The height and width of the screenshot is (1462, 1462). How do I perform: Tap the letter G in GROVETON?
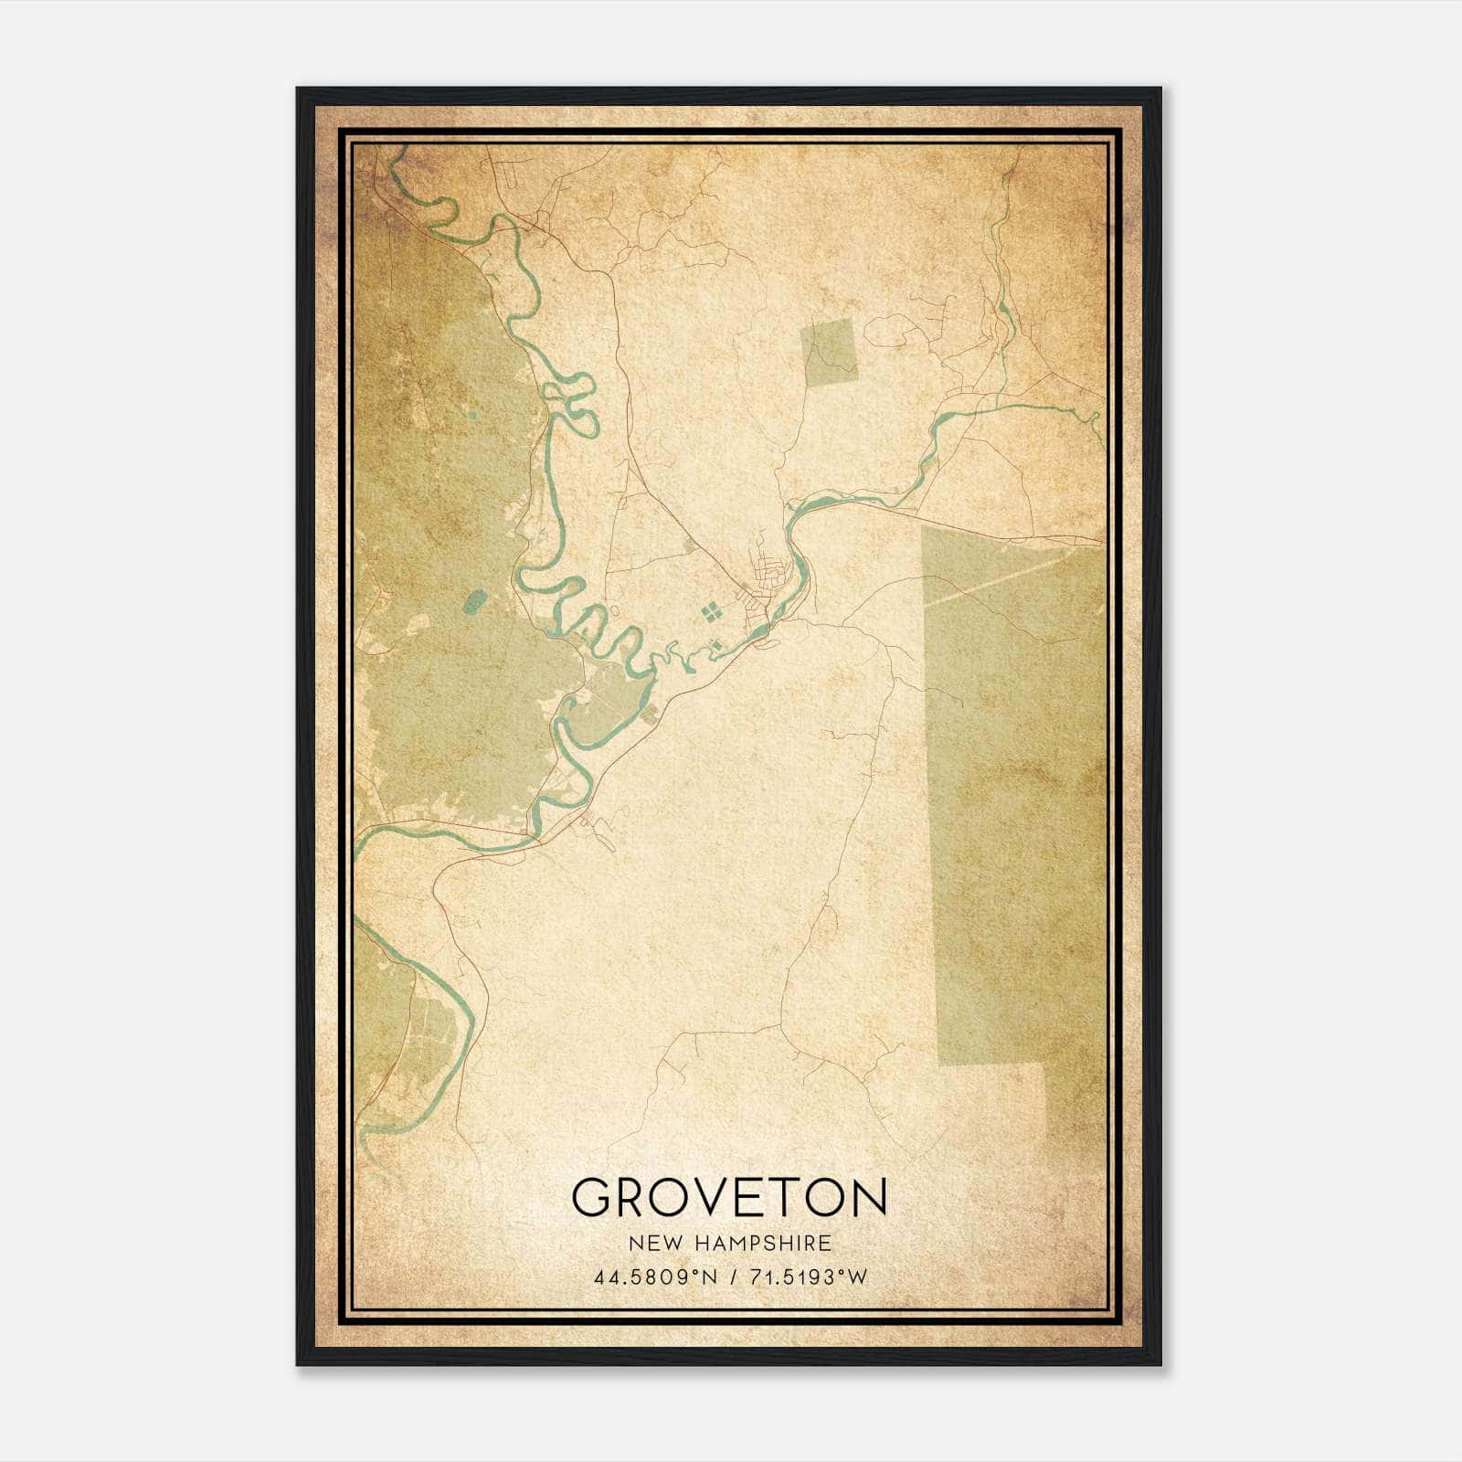pyautogui.click(x=591, y=1197)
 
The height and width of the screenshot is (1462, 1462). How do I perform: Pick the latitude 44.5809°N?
pyautogui.click(x=655, y=1277)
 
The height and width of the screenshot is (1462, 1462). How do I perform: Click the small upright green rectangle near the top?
pyautogui.click(x=829, y=350)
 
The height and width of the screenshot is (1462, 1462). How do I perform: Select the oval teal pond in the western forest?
pyautogui.click(x=475, y=600)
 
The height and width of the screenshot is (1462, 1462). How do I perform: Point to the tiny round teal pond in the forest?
pyautogui.click(x=471, y=416)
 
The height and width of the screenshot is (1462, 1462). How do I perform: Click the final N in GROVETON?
pyautogui.click(x=867, y=1197)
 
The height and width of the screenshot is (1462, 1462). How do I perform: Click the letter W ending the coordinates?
pyautogui.click(x=856, y=1277)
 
